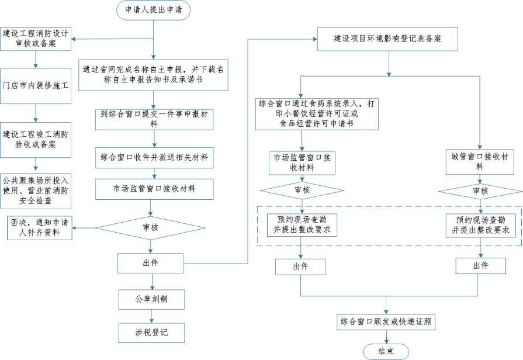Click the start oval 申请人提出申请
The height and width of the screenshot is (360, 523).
(x=154, y=11)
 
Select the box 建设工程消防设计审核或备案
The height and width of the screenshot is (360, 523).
(x=36, y=39)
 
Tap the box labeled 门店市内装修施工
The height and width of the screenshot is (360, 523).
(x=36, y=85)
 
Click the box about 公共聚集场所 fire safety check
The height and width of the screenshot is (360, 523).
(x=36, y=191)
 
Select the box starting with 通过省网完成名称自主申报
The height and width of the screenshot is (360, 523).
(x=153, y=74)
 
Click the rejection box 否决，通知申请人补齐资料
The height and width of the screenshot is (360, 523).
(x=39, y=227)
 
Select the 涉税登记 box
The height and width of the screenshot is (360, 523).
(x=152, y=333)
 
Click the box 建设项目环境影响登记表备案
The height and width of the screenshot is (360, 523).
(x=387, y=39)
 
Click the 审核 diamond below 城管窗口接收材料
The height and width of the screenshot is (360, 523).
(x=479, y=191)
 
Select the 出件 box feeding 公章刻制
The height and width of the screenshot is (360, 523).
(x=152, y=263)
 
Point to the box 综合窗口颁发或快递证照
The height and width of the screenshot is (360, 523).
(x=386, y=321)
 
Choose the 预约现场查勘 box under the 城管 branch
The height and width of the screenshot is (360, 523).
(x=480, y=225)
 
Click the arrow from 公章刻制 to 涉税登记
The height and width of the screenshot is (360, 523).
(x=152, y=316)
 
